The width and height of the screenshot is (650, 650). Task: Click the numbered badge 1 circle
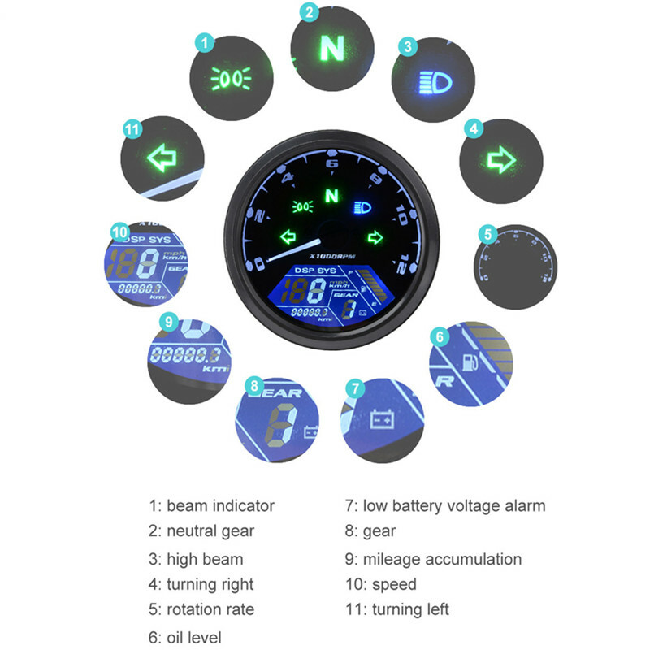206,41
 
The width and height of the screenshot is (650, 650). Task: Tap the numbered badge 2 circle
308,12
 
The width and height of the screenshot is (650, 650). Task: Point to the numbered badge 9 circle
168,322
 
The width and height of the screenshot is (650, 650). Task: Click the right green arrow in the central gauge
374,237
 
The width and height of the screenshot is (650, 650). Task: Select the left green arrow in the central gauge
287,237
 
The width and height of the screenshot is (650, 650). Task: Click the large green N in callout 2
331,49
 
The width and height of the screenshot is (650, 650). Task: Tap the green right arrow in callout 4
500,160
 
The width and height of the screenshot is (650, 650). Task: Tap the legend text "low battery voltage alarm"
454,505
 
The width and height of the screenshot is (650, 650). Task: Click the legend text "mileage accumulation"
442,559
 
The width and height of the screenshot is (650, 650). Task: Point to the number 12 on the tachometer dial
396,264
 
